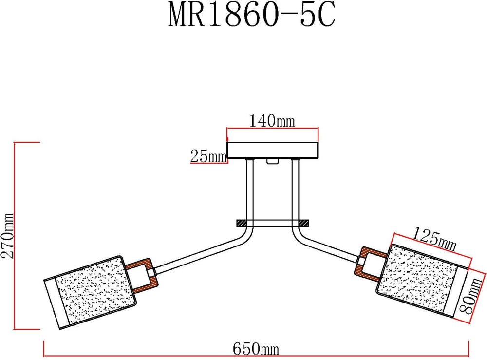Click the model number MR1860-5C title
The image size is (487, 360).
[x=252, y=17]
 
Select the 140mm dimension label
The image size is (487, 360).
[x=272, y=120]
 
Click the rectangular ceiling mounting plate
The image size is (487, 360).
[x=273, y=150]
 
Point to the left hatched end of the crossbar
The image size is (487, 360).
[x=242, y=223]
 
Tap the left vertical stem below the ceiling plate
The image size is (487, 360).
[x=250, y=190]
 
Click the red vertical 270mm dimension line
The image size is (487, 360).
[x=16, y=236]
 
